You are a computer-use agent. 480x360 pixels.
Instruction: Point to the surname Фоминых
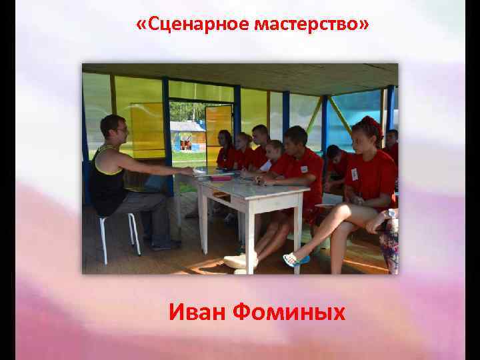pyautogui.click(x=295, y=311)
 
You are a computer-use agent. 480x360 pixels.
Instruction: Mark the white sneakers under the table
pyautogui.click(x=240, y=261)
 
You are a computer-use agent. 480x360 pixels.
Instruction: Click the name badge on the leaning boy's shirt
pyautogui.click(x=304, y=169)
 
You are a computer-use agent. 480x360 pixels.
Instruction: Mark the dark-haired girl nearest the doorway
pyautogui.click(x=225, y=150)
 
